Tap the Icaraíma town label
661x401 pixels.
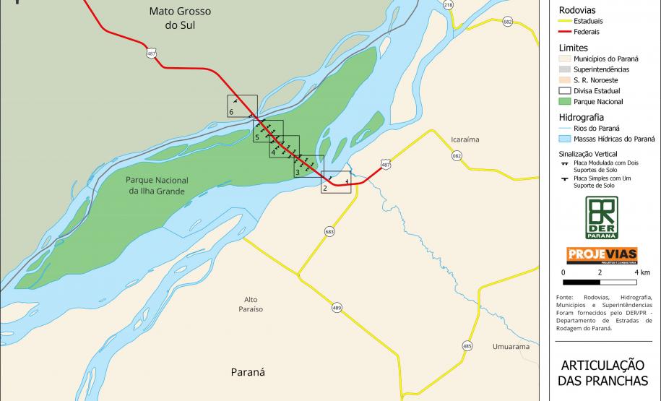(x=465, y=139)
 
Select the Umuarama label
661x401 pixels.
(x=511, y=347)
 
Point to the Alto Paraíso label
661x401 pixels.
(x=251, y=304)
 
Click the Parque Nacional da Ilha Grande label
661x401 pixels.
(x=157, y=186)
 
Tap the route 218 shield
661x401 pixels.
(x=449, y=5)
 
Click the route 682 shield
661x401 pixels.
(x=508, y=22)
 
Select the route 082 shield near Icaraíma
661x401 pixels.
(x=457, y=155)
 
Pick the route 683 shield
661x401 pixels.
(x=329, y=232)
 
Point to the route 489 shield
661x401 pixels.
(x=337, y=308)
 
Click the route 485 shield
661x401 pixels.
(x=467, y=346)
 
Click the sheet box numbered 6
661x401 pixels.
(x=242, y=105)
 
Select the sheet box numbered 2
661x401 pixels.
(x=335, y=181)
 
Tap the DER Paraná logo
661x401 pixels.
(x=601, y=217)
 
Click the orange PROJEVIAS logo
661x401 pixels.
(x=601, y=255)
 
